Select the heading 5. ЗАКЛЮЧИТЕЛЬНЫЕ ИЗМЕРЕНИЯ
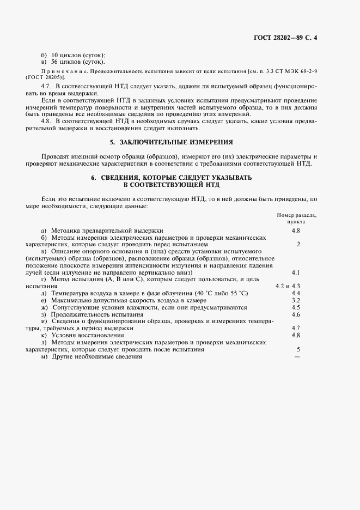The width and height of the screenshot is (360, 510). (x=172, y=143)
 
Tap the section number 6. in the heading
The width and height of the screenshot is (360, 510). (x=94, y=178)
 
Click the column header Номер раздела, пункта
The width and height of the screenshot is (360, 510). (x=296, y=218)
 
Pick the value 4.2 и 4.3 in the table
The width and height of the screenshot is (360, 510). (x=289, y=286)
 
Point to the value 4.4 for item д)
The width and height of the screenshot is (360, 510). (x=296, y=293)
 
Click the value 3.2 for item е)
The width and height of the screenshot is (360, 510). (x=296, y=300)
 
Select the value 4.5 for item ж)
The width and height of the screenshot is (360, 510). (x=296, y=307)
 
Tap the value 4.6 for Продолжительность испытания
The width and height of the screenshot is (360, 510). (x=296, y=314)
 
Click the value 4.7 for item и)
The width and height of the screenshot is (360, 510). (x=296, y=329)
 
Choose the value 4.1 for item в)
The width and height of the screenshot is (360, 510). (x=296, y=271)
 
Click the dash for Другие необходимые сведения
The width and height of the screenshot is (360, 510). (x=297, y=357)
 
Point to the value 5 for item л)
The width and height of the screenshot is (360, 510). (x=298, y=349)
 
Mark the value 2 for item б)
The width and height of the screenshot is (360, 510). (x=298, y=244)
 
